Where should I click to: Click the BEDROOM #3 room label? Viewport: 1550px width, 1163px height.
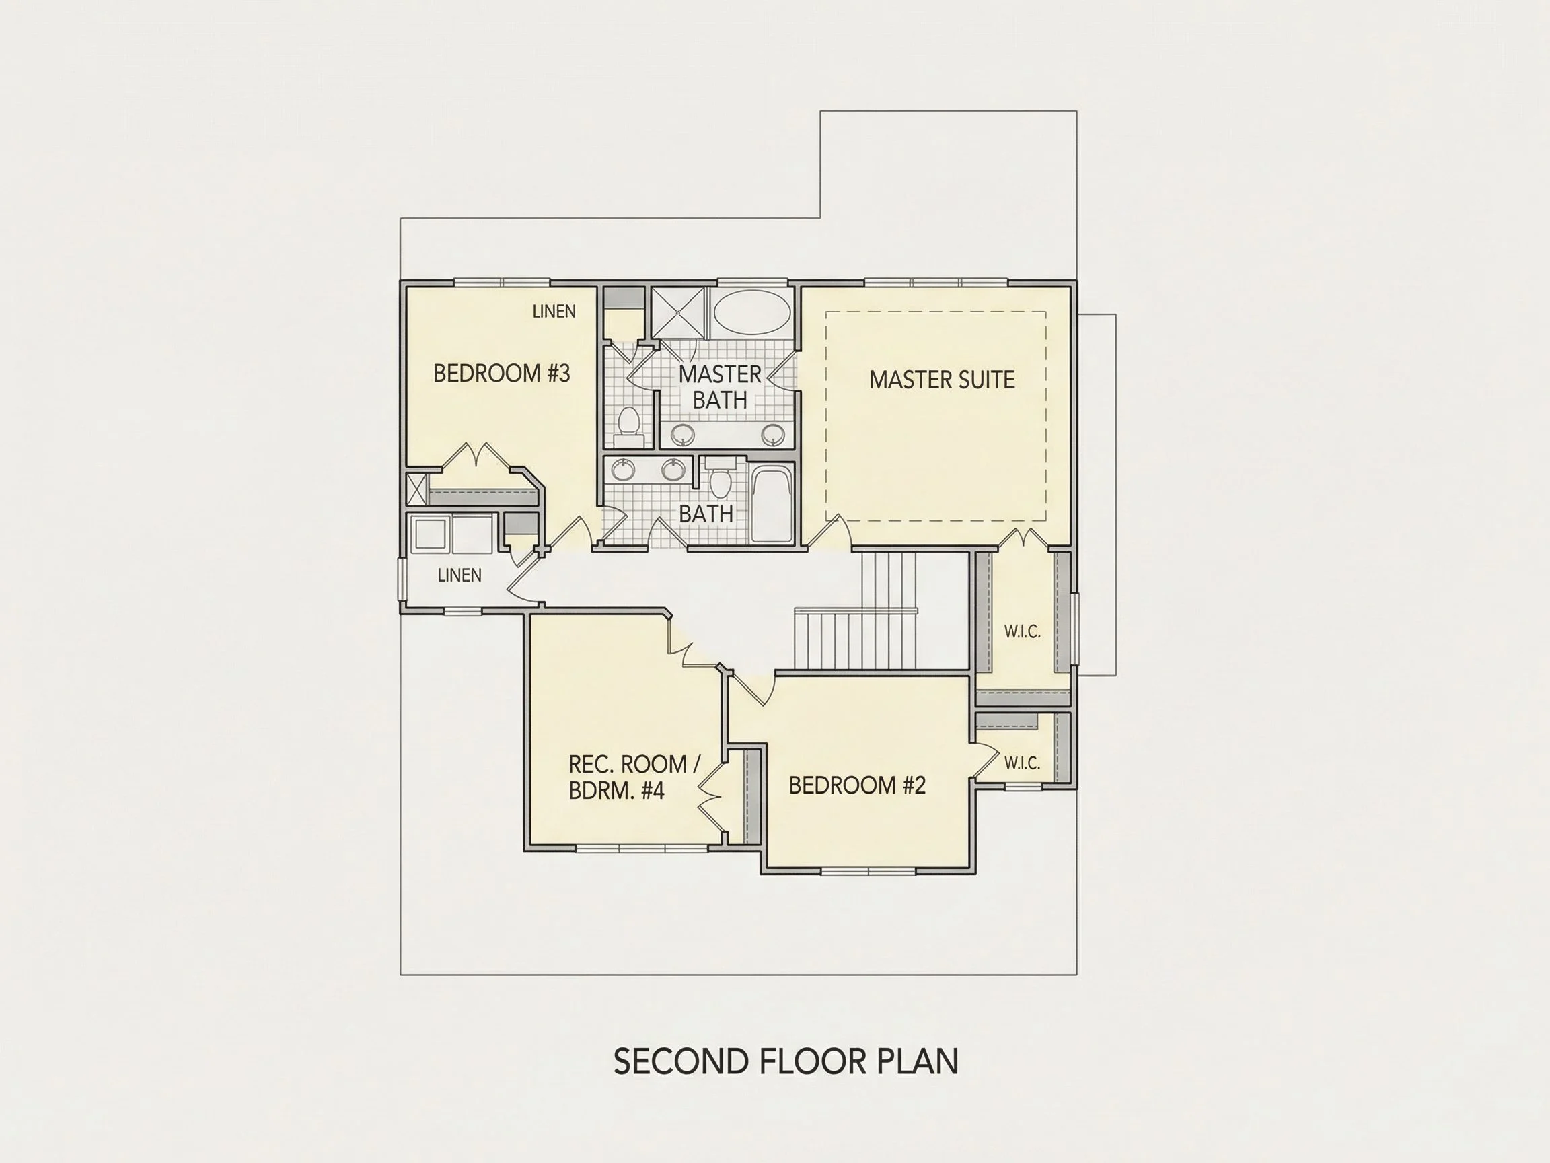click(502, 373)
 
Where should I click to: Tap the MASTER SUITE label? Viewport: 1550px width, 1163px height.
click(942, 380)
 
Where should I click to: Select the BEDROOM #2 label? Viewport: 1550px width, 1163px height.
click(857, 785)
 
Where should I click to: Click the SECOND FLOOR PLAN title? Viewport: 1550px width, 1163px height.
click(786, 1062)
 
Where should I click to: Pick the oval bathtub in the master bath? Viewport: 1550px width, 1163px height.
click(752, 314)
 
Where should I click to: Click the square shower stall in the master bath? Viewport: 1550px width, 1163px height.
click(678, 313)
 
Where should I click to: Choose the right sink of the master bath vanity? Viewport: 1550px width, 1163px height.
click(773, 435)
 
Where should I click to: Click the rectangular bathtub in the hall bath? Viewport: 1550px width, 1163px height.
click(772, 505)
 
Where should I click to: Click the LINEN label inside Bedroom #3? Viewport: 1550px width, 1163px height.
click(554, 311)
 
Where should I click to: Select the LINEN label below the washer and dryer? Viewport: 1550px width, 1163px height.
click(459, 575)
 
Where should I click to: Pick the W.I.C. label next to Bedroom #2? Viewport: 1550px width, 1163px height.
click(1022, 763)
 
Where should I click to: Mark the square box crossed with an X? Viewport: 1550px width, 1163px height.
click(416, 489)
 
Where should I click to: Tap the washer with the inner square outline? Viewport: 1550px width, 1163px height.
click(431, 535)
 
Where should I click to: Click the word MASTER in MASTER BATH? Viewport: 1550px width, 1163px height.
click(720, 374)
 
